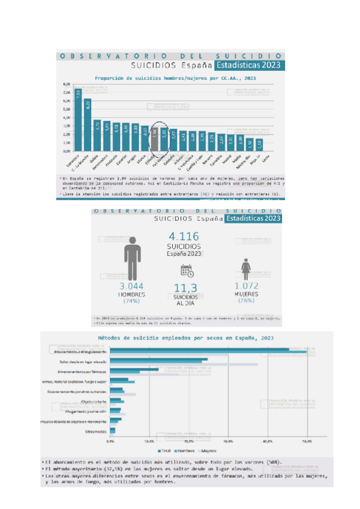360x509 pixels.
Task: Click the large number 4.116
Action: click(x=184, y=236)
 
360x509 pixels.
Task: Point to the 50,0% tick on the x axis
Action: click(x=306, y=441)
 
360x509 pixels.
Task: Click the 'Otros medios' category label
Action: click(x=96, y=432)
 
